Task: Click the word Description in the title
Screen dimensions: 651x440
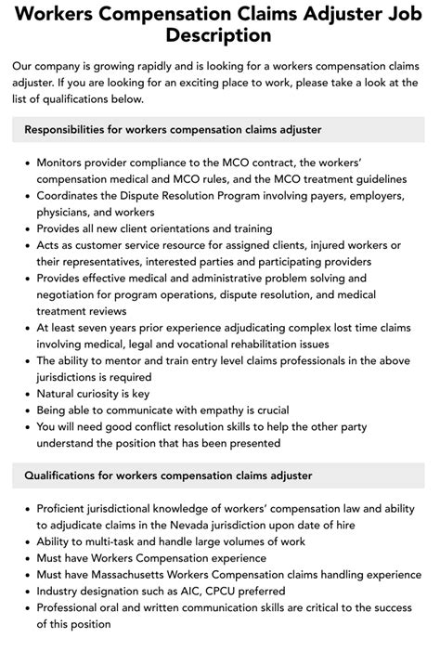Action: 220,36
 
